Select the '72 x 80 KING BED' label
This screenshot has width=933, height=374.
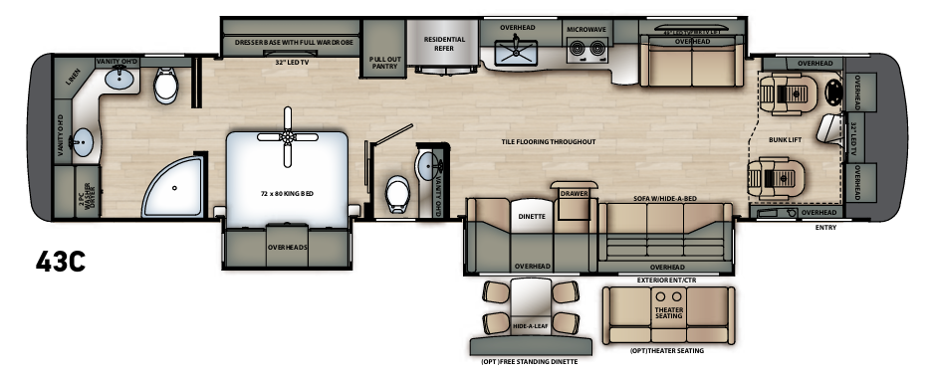286,193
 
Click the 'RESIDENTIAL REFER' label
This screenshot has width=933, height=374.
444,43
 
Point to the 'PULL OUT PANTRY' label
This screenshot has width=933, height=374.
384,63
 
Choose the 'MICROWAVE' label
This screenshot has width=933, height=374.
586,30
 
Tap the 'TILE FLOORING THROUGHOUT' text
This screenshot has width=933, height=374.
548,142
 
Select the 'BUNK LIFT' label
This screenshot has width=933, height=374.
785,140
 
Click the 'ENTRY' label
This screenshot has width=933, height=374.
825,228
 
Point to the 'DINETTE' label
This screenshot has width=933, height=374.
532,214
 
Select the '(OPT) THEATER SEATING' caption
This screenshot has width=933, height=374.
667,350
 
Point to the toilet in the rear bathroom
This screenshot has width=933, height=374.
166,88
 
